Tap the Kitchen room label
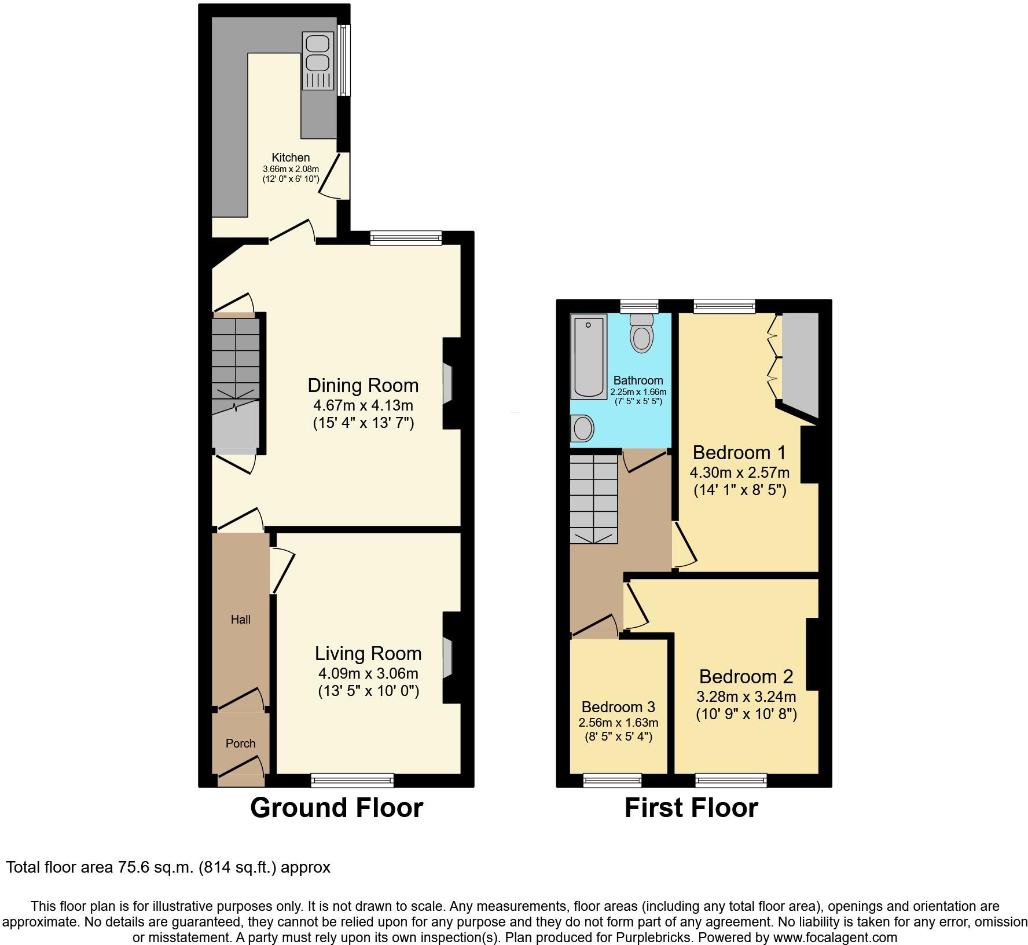[291, 157]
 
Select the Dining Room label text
[363, 386]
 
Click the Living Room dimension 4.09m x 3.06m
[368, 673]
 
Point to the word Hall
[241, 620]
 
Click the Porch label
[240, 743]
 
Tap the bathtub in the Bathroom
[589, 356]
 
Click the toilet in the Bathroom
[641, 334]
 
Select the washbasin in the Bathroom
[583, 429]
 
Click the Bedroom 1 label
[739, 452]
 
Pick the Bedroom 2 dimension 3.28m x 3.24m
[746, 697]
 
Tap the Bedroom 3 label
[618, 707]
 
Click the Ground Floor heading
[336, 808]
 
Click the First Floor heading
[691, 808]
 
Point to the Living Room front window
[352, 780]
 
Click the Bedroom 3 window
[612, 781]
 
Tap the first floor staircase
[593, 498]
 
